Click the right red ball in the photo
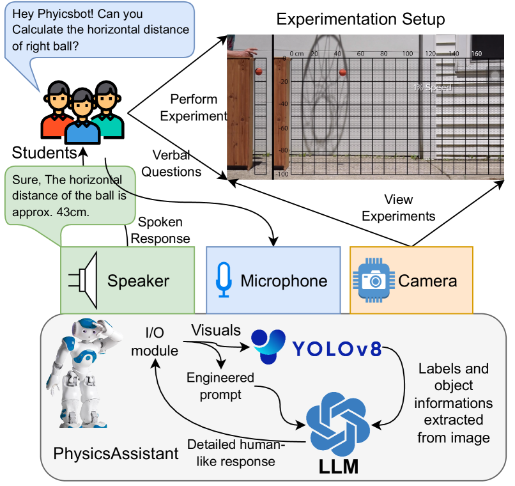342,72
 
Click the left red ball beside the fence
259,71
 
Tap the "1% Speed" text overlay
431,88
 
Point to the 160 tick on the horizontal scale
476,54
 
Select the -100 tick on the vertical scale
282,174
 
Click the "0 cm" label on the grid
296,54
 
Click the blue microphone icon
223,280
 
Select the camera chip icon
373,280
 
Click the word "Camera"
427,280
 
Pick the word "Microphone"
284,280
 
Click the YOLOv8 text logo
336,349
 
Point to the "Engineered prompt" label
220,386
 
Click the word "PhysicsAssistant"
116,454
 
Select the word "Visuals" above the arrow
216,331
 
